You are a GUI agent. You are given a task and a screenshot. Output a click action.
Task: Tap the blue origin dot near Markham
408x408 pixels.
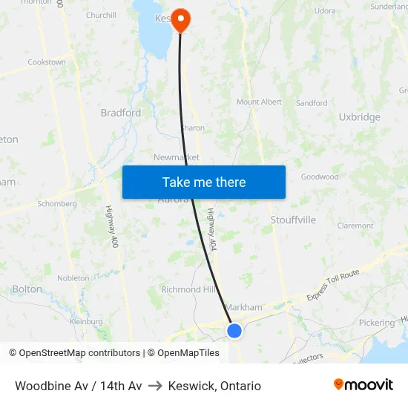coord(234,330)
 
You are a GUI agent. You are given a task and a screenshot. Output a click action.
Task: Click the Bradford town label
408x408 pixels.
coord(121,113)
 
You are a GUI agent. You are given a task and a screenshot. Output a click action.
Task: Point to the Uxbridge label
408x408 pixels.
coord(359,117)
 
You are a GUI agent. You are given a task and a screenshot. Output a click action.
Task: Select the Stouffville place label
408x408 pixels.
coord(293,220)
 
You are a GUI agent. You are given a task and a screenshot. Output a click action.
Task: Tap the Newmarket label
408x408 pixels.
coord(177,157)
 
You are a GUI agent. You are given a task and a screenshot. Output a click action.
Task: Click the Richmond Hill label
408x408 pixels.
coord(191,289)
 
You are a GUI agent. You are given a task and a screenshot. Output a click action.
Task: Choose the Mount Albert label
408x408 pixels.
coord(259,102)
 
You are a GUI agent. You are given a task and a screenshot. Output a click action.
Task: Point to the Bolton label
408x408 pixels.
coord(27,289)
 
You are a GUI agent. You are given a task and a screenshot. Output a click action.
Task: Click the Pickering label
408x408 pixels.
coord(376,323)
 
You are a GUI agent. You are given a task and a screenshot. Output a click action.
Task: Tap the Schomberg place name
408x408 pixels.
coord(57,204)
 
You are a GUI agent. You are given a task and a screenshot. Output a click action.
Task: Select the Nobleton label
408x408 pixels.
coord(73,277)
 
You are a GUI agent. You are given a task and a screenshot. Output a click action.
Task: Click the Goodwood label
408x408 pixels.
coord(320,177)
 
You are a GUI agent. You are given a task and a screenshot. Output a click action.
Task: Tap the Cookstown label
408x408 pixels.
coord(47,62)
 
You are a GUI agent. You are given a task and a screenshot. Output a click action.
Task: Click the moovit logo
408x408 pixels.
coord(363,385)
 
